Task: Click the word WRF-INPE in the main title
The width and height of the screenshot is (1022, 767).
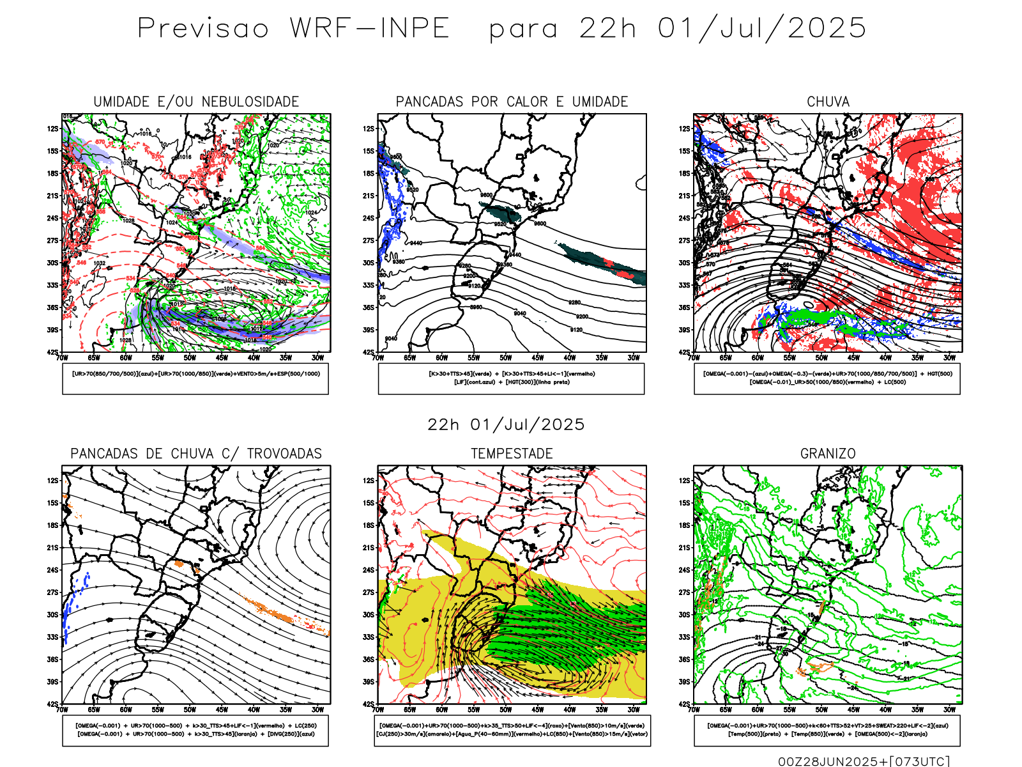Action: (x=370, y=29)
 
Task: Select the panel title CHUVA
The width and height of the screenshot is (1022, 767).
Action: (x=828, y=102)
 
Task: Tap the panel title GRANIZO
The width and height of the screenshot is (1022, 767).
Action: (x=828, y=454)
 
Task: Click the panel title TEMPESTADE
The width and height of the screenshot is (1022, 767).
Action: (x=512, y=454)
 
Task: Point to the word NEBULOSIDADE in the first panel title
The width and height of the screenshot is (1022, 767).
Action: (x=250, y=102)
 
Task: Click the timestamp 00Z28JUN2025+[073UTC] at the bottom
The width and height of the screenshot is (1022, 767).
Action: (x=864, y=761)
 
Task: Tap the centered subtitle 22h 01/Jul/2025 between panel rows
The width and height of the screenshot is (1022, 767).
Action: (x=506, y=424)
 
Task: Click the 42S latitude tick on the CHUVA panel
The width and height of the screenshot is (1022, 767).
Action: (x=685, y=352)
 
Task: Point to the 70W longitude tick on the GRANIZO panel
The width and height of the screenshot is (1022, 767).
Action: (x=694, y=709)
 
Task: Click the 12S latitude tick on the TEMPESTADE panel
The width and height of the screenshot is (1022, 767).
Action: (x=369, y=481)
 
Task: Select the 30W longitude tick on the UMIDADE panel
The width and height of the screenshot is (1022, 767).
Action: (x=317, y=358)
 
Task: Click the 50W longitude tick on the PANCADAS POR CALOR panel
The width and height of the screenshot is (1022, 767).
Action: (x=506, y=358)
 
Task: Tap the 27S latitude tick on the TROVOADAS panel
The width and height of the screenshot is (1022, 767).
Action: (x=52, y=593)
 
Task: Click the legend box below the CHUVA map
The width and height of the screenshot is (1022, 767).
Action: (x=827, y=378)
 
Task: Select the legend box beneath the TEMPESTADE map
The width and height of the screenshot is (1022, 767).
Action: (x=512, y=730)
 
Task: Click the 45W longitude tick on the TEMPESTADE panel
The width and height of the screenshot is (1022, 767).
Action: (x=538, y=709)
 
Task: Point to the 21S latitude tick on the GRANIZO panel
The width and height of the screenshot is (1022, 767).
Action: (x=685, y=548)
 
